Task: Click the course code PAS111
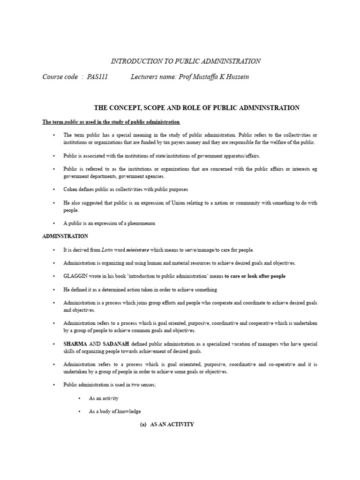click(97, 77)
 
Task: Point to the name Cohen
click(71, 189)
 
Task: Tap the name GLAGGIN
click(75, 276)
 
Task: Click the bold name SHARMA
click(75, 344)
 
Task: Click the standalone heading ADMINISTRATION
click(65, 236)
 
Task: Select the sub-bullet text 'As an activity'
click(104, 398)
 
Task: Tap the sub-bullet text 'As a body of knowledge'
click(115, 411)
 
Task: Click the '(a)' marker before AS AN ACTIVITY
click(143, 424)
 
